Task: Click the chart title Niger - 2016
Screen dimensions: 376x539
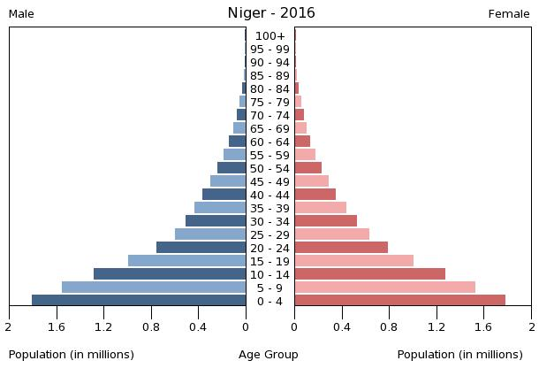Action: [270, 13]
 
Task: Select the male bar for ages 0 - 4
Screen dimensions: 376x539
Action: [139, 300]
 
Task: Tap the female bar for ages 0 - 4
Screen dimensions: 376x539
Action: [399, 300]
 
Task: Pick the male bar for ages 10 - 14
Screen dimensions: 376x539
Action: [170, 273]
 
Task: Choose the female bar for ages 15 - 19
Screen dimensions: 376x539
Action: [353, 260]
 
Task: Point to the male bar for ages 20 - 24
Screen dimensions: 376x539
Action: [201, 247]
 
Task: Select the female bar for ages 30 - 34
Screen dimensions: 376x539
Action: [325, 220]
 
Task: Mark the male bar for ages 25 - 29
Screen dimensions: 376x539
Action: [210, 234]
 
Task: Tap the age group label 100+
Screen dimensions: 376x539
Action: [269, 35]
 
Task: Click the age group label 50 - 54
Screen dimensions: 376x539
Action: [269, 168]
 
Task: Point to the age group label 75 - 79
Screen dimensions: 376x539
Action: [269, 102]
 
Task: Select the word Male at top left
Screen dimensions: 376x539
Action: [21, 14]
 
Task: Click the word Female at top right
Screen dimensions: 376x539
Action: [509, 14]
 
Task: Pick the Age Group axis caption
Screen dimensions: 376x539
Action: [269, 355]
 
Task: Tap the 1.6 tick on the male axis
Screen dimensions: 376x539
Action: [57, 327]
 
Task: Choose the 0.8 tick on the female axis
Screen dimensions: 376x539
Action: [389, 327]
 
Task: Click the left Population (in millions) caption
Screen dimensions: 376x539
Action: [72, 355]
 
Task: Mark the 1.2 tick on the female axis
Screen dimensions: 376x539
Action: [437, 327]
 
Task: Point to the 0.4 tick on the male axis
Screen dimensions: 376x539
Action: [198, 327]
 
